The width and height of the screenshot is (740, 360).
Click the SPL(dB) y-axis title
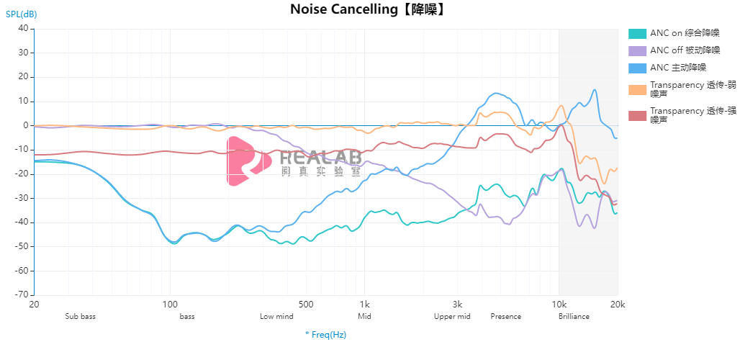coord(22,14)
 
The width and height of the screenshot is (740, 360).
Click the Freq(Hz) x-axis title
coord(325,335)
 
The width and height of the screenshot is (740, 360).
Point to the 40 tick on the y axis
coord(22,29)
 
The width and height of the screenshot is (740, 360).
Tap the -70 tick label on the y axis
coord(21,294)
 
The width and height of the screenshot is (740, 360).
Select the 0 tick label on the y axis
coord(25,125)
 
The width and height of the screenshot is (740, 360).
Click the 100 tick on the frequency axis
coord(170,304)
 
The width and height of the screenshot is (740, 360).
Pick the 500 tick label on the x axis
coord(306,304)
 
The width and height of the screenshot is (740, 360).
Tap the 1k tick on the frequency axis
coord(364,304)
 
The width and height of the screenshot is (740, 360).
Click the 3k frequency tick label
coord(457,304)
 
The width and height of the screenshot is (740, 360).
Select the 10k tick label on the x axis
coord(559,304)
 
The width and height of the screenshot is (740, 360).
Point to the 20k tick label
coord(617,304)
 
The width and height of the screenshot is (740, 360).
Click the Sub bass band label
coord(80,316)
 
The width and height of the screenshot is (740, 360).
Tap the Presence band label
coord(505,316)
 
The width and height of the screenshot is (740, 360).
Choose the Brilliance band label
coord(574,316)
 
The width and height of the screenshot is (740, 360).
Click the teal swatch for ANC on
coord(637,33)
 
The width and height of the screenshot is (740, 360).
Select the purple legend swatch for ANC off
coord(637,50)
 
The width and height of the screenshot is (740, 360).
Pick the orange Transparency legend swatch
coord(637,89)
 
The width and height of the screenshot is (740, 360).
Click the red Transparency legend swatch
coord(637,115)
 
